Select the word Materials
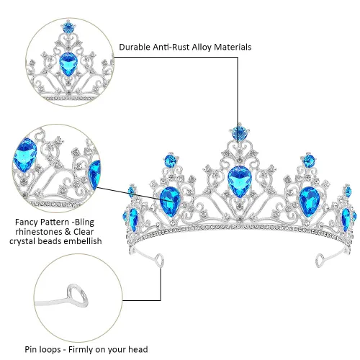233,47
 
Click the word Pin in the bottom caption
31,349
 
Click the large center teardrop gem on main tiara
240,181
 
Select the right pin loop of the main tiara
320,261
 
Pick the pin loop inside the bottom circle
77,295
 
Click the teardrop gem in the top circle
68,64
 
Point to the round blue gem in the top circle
69,27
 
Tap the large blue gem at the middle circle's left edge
24,155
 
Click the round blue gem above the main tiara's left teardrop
170,160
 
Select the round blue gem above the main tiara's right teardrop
309,160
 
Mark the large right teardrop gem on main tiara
309,202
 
